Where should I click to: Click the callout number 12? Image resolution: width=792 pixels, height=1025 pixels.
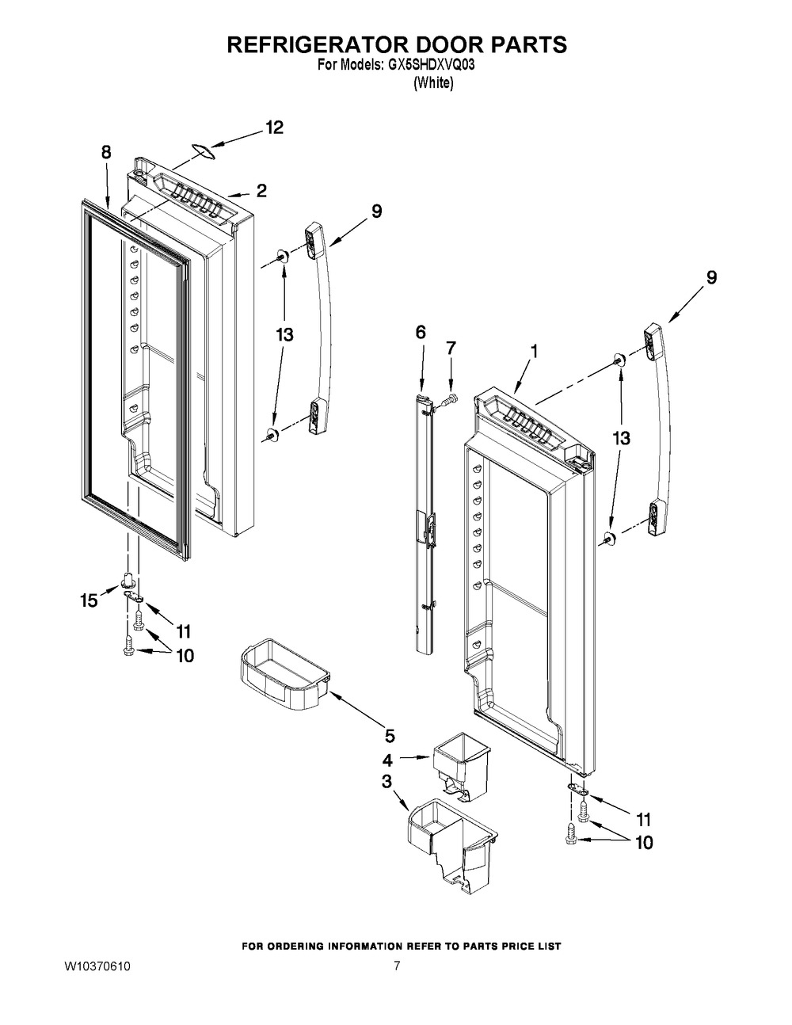pyautogui.click(x=273, y=128)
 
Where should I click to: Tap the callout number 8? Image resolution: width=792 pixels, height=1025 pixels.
pyautogui.click(x=107, y=153)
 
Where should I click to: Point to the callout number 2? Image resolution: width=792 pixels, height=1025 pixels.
pyautogui.click(x=261, y=191)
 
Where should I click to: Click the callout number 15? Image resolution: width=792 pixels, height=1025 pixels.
pyautogui.click(x=89, y=600)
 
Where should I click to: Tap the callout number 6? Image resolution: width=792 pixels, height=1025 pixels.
pyautogui.click(x=421, y=332)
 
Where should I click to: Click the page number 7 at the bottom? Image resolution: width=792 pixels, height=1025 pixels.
pyautogui.click(x=397, y=966)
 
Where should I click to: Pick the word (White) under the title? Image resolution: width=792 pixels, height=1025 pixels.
pyautogui.click(x=433, y=85)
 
